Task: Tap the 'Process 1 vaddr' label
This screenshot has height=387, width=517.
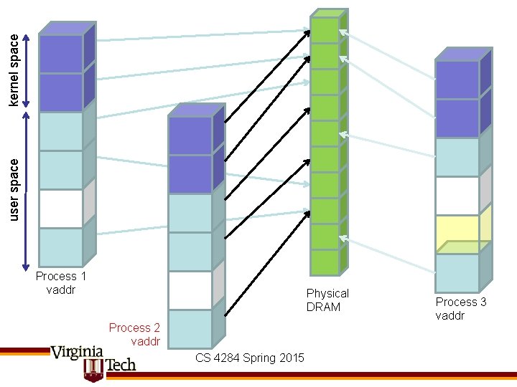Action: coord(61,282)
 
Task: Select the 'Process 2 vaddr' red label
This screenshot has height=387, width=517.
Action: coord(134,334)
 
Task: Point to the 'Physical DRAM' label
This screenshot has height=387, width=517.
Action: coord(327,300)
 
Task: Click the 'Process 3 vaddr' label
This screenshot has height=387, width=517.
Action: coord(461,308)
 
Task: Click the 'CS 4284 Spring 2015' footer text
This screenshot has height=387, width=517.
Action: coord(249,358)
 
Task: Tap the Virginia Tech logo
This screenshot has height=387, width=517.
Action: coord(93,359)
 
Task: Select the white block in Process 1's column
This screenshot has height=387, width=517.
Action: coord(61,209)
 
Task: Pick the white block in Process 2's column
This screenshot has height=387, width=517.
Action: coord(190,290)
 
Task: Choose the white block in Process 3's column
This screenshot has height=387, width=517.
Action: coord(457,196)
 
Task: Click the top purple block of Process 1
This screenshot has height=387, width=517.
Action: coord(61,54)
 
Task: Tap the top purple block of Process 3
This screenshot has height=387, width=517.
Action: coord(457,80)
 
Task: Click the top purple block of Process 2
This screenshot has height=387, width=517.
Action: coord(190,135)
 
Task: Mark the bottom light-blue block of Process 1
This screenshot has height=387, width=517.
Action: coord(61,247)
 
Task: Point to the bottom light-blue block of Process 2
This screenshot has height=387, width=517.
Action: coord(190,328)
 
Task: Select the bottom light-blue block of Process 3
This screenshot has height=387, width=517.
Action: coord(457,273)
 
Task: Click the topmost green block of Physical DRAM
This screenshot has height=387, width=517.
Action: coord(325,29)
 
